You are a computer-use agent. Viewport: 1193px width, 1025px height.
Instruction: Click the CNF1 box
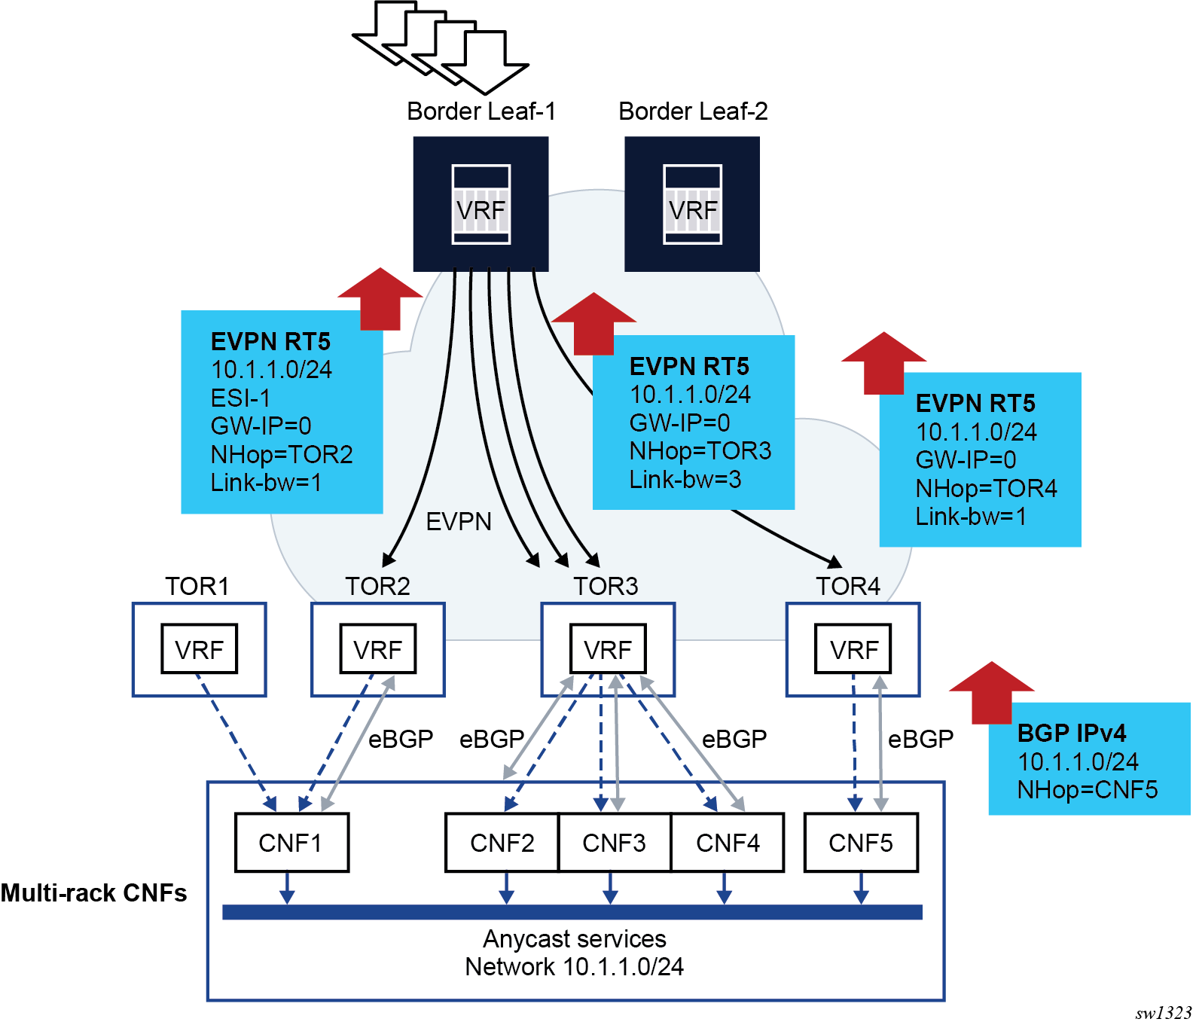pyautogui.click(x=291, y=843)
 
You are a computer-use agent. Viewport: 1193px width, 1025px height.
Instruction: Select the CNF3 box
pyautogui.click(x=614, y=843)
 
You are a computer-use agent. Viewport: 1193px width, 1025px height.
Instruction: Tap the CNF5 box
pyautogui.click(x=861, y=843)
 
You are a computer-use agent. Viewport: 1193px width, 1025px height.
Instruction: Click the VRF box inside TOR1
pyautogui.click(x=199, y=649)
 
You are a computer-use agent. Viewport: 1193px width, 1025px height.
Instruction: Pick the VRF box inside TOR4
pyautogui.click(x=853, y=649)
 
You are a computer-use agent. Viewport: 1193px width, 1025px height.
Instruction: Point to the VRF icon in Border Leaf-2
pyautogui.click(x=692, y=205)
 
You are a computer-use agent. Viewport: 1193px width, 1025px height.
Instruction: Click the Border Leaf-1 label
pyautogui.click(x=481, y=111)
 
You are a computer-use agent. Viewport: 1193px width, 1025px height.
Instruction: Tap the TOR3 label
pyautogui.click(x=606, y=586)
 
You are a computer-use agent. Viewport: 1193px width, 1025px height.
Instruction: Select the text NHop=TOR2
pyautogui.click(x=282, y=455)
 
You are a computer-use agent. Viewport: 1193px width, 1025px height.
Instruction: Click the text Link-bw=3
pyautogui.click(x=685, y=480)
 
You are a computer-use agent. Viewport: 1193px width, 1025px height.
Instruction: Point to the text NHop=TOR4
pyautogui.click(x=986, y=489)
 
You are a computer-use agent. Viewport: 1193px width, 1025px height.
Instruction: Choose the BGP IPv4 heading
pyautogui.click(x=1072, y=733)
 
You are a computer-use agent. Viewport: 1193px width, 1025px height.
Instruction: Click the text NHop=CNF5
pyautogui.click(x=1088, y=790)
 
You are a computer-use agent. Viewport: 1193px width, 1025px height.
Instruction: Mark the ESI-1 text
pyautogui.click(x=240, y=398)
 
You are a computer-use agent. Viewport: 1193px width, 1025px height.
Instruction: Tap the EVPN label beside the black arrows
pyautogui.click(x=459, y=522)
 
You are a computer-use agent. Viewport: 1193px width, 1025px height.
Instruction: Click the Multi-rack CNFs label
pyautogui.click(x=94, y=893)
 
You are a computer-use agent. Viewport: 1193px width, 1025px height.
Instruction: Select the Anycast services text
pyautogui.click(x=575, y=939)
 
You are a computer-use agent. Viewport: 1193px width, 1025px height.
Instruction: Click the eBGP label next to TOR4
pyautogui.click(x=920, y=740)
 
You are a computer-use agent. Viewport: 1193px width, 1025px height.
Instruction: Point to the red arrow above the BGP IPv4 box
pyautogui.click(x=991, y=691)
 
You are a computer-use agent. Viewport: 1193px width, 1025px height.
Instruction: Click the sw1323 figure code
pyautogui.click(x=1163, y=1013)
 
